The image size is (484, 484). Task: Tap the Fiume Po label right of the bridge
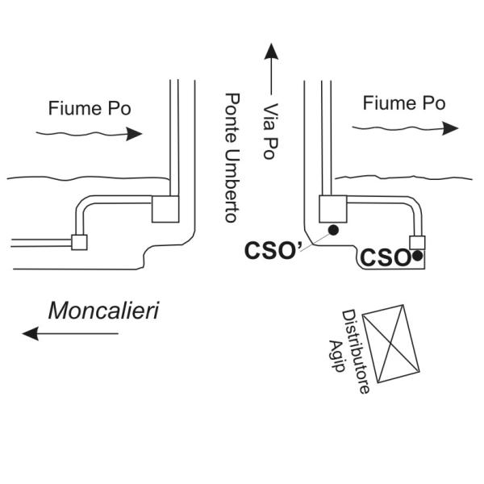pos(403,103)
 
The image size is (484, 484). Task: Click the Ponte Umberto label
pos(232,157)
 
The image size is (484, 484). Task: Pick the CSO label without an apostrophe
pos(385,259)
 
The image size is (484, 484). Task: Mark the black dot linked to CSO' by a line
pos(333,231)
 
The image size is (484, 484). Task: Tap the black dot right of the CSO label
pos(418,257)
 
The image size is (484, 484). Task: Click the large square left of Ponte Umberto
pos(165,210)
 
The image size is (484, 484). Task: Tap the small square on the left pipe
pos(79,241)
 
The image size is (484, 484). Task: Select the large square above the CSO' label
pos(332,208)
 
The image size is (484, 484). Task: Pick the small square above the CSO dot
pos(417,242)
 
